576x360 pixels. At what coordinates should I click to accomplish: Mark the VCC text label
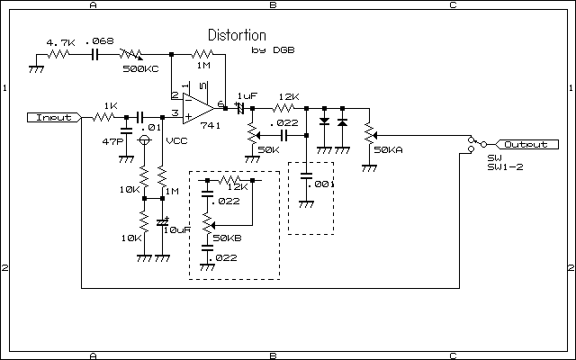[x=177, y=142]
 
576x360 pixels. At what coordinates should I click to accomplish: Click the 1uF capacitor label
[x=247, y=95]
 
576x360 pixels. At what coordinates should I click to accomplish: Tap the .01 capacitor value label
[x=154, y=128]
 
